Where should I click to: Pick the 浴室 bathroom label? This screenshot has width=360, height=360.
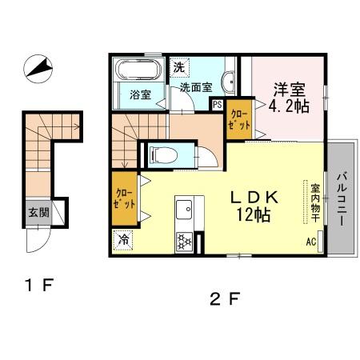pyautogui.click(x=141, y=95)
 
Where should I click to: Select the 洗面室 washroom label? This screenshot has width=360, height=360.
pyautogui.click(x=195, y=87)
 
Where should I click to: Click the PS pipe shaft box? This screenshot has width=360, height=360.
pyautogui.click(x=218, y=103)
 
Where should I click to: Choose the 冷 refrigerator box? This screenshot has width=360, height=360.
pyautogui.click(x=124, y=239)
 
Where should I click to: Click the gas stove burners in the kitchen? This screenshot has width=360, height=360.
pyautogui.click(x=183, y=239)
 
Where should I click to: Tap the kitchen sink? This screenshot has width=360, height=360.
pyautogui.click(x=183, y=210)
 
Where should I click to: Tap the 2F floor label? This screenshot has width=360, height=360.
pyautogui.click(x=225, y=300)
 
